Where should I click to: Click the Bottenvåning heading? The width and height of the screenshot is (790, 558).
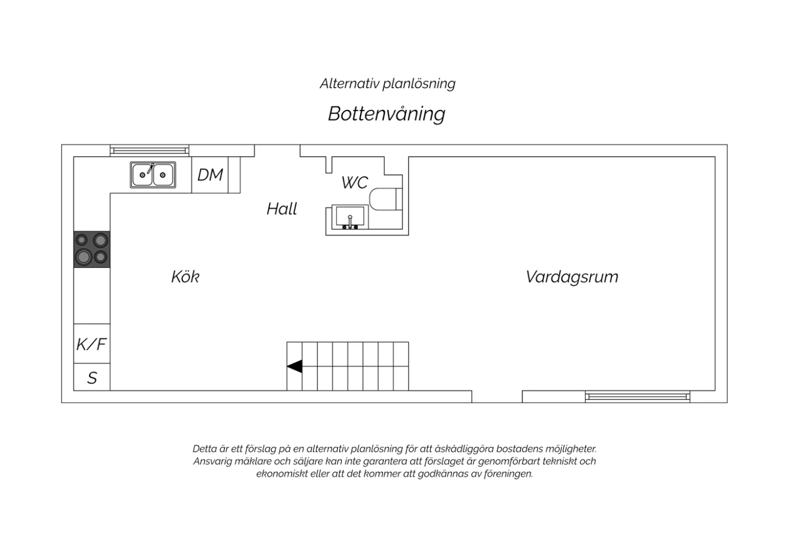[387, 114]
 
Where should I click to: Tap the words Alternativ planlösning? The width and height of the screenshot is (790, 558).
[388, 84]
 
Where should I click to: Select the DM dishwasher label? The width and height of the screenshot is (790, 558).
[210, 175]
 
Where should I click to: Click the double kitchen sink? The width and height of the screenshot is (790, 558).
[153, 175]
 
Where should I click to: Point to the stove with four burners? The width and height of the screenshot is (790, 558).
[92, 249]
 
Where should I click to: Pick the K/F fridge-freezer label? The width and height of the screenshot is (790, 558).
[92, 344]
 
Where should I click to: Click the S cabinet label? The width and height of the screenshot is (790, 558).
[92, 378]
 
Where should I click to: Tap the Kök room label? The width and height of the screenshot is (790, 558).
[185, 277]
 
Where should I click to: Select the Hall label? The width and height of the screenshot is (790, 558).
[282, 208]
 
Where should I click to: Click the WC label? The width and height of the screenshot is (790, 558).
[355, 183]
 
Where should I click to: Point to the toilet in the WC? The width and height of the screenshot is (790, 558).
[386, 199]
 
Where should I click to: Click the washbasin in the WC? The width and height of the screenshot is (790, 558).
[350, 217]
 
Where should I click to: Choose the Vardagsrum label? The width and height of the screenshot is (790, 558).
[572, 277]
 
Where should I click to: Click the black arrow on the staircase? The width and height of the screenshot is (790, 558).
[294, 366]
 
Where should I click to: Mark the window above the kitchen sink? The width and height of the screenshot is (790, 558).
[150, 151]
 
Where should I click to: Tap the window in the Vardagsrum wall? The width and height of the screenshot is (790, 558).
[638, 396]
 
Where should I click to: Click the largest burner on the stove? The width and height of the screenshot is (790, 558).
[83, 257]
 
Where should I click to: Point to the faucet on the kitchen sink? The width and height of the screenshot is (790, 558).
[151, 168]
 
